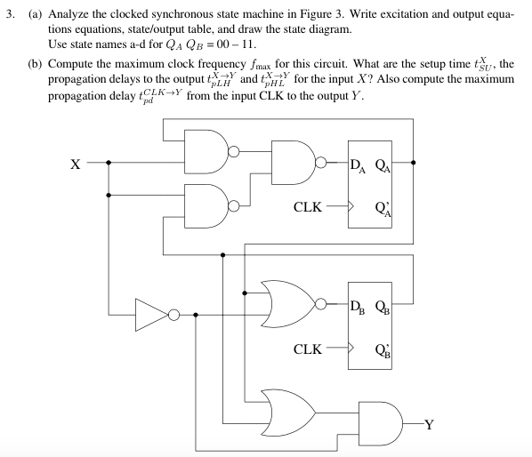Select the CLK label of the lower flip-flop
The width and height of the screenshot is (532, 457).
click(308, 348)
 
